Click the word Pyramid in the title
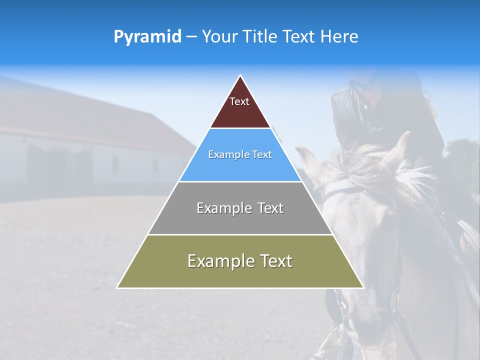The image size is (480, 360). (147, 37)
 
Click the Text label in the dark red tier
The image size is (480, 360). (239, 101)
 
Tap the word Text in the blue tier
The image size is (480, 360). (261, 155)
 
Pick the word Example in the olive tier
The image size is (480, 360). (218, 261)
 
